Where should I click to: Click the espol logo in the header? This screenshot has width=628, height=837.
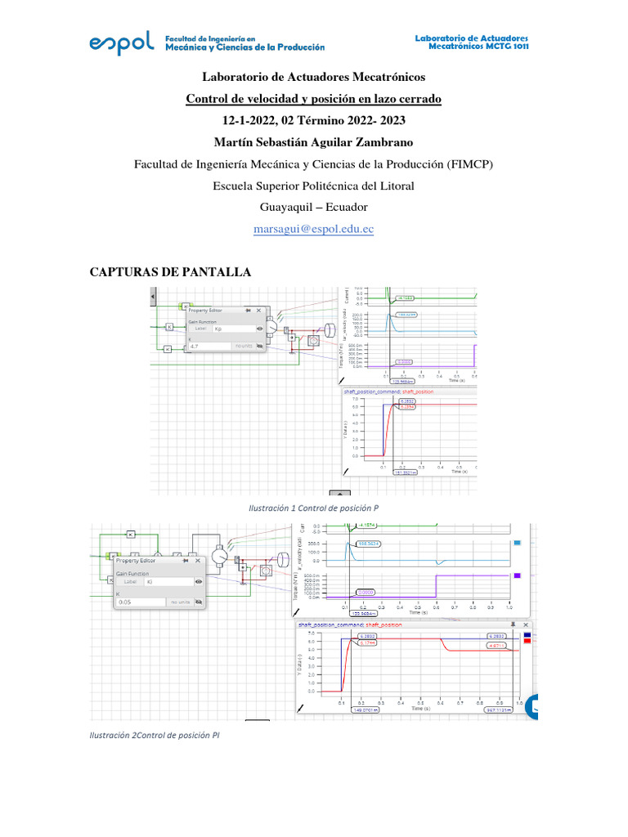pyautogui.click(x=121, y=44)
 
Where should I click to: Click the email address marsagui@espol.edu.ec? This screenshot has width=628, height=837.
pyautogui.click(x=314, y=229)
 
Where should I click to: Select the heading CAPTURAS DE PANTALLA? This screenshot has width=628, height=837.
pyautogui.click(x=170, y=272)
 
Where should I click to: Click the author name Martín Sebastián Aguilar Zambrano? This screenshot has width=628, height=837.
pyautogui.click(x=314, y=142)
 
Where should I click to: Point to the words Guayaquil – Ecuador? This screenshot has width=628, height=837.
pyautogui.click(x=314, y=207)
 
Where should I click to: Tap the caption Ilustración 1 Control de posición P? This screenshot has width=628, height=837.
pyautogui.click(x=313, y=508)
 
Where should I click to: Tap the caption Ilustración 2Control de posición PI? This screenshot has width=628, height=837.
pyautogui.click(x=155, y=735)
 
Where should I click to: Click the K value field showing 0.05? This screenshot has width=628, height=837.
pyautogui.click(x=139, y=602)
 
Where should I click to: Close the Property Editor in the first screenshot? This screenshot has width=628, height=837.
pyautogui.click(x=259, y=311)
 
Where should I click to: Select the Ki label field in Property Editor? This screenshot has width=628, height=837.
pyautogui.click(x=168, y=582)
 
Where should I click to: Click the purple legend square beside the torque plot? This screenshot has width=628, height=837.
pyautogui.click(x=517, y=576)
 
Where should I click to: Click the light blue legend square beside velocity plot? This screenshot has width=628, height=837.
pyautogui.click(x=517, y=543)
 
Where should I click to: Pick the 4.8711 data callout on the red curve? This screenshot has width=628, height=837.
pyautogui.click(x=498, y=645)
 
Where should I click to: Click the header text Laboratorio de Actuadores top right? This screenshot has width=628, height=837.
pyautogui.click(x=472, y=38)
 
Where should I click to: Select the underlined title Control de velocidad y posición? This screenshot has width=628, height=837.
pyautogui.click(x=314, y=99)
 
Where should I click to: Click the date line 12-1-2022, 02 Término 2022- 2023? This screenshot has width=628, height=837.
pyautogui.click(x=314, y=121)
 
